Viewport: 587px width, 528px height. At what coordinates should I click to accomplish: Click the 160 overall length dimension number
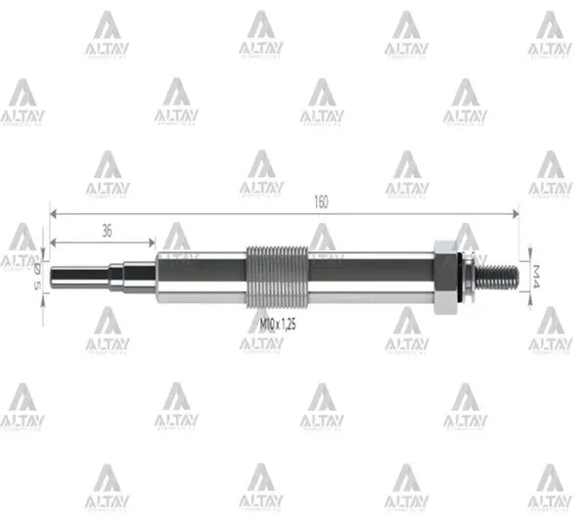321,201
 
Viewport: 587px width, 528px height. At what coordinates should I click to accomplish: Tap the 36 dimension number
105,231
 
